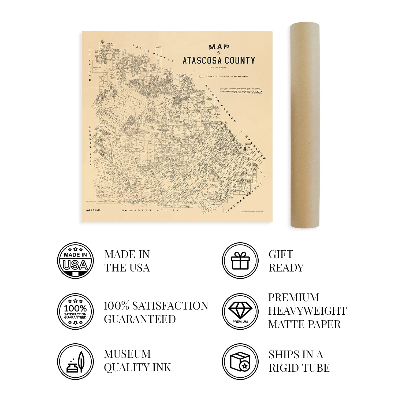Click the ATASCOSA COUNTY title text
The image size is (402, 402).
pos(219,61)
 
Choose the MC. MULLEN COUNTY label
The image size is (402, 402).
pos(150,210)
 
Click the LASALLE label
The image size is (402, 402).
pos(93,210)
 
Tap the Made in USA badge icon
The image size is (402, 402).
pos(75,260)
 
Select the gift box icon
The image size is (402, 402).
pos(240,260)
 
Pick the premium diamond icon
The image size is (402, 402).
pos(240,311)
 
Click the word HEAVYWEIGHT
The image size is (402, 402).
pos(307,311)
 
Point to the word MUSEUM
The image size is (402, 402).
pos(127,354)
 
